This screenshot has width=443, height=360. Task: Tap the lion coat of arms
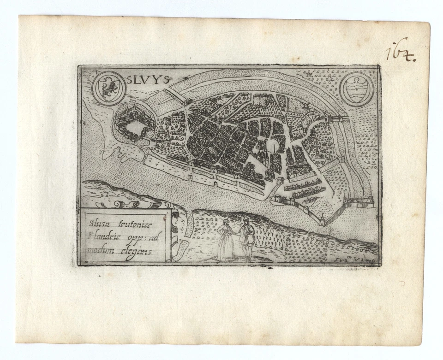107,88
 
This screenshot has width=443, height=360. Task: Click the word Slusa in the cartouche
96,222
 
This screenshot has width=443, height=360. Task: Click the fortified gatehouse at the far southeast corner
359,201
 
